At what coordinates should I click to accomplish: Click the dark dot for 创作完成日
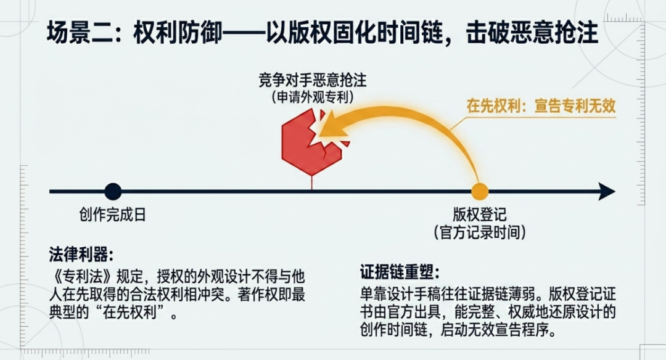click(113, 192)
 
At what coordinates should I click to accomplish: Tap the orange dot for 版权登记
click(480, 192)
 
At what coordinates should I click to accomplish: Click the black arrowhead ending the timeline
click(607, 192)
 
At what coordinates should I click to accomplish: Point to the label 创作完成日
click(113, 215)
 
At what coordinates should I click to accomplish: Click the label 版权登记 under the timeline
click(480, 215)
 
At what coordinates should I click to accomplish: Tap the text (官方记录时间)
click(480, 232)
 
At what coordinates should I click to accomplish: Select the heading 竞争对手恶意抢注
click(313, 80)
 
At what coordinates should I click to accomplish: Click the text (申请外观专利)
click(313, 97)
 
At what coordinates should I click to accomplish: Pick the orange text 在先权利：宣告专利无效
click(541, 105)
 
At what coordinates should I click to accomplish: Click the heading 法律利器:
click(81, 255)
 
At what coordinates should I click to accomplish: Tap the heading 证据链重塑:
click(400, 272)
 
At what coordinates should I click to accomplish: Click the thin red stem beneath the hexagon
click(312, 182)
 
